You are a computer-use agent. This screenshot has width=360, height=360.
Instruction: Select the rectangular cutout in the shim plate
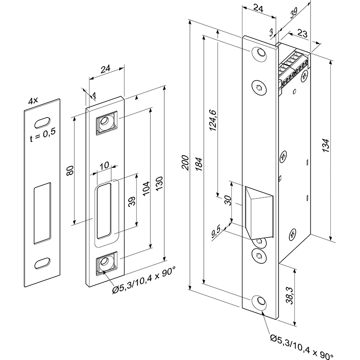pyautogui.click(x=42, y=210)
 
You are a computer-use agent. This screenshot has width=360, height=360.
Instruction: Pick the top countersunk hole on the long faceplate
pyautogui.click(x=259, y=53)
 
